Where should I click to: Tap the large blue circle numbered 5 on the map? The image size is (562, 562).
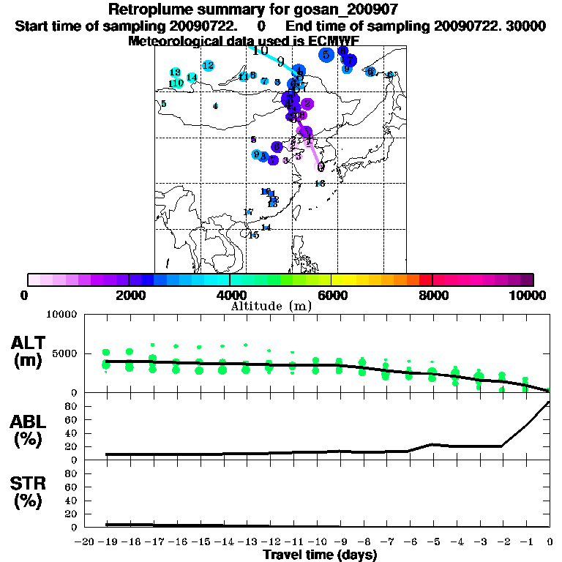(326, 54)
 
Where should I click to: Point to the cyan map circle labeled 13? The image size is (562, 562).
(176, 72)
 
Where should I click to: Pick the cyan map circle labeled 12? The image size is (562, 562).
(209, 66)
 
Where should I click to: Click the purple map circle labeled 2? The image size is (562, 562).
(308, 104)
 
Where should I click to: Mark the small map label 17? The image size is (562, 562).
(248, 212)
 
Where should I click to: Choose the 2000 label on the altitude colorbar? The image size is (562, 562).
(129, 295)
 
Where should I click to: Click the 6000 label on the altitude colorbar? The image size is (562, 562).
(331, 295)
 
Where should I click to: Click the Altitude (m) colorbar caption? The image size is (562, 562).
(271, 306)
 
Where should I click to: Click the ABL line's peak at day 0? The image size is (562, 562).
(549, 402)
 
